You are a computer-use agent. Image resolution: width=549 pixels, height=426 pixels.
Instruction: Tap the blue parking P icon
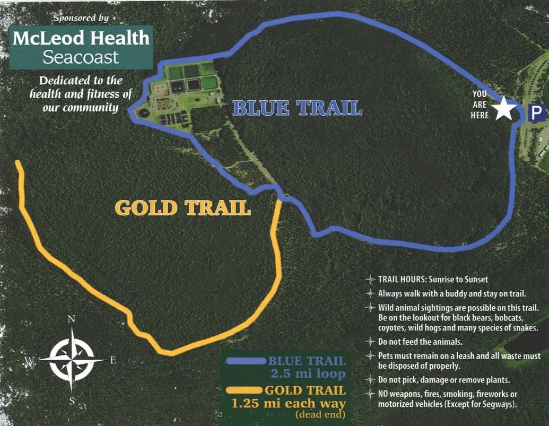click(x=537, y=112)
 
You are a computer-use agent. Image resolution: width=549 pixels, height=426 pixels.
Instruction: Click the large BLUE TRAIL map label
click(x=297, y=108)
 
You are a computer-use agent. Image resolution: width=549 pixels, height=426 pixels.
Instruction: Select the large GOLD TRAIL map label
click(x=183, y=207)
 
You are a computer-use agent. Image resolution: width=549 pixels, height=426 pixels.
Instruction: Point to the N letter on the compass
click(x=71, y=319)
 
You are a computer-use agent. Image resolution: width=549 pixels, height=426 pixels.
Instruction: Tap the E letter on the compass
click(x=112, y=360)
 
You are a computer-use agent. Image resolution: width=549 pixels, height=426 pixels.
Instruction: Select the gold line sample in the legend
click(x=244, y=391)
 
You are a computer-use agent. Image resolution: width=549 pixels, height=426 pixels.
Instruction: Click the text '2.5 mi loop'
click(x=308, y=373)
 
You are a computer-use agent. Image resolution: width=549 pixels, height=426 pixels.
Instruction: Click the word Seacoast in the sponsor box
click(x=81, y=57)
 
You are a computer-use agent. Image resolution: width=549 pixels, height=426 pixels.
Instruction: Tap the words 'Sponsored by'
click(x=81, y=18)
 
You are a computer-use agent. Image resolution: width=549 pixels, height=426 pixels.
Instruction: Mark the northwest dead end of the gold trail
click(x=18, y=162)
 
